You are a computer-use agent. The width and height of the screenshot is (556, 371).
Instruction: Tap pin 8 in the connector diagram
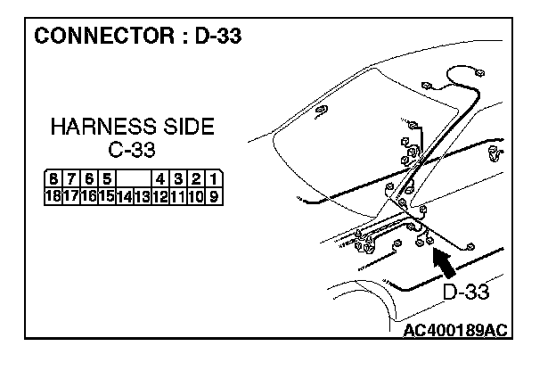(x=55, y=178)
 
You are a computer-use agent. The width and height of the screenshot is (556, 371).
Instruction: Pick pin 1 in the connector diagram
(x=214, y=178)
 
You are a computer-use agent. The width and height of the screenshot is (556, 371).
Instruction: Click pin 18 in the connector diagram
(x=56, y=194)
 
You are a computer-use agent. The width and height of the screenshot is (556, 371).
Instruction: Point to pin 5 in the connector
(x=106, y=178)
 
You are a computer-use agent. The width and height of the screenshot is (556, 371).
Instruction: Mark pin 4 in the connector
(x=161, y=178)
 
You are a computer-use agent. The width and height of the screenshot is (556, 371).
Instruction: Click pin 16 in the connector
(x=90, y=194)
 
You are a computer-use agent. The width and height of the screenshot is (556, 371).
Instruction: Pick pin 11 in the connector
(x=178, y=194)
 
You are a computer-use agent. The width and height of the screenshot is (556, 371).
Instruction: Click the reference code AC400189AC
(x=454, y=330)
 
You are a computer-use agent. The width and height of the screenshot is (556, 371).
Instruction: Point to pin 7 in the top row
(x=72, y=178)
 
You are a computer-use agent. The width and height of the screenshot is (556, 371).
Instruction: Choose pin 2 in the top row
(x=197, y=178)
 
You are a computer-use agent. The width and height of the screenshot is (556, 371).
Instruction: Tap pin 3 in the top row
(x=179, y=178)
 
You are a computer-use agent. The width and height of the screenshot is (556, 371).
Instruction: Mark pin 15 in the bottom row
(x=107, y=194)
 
